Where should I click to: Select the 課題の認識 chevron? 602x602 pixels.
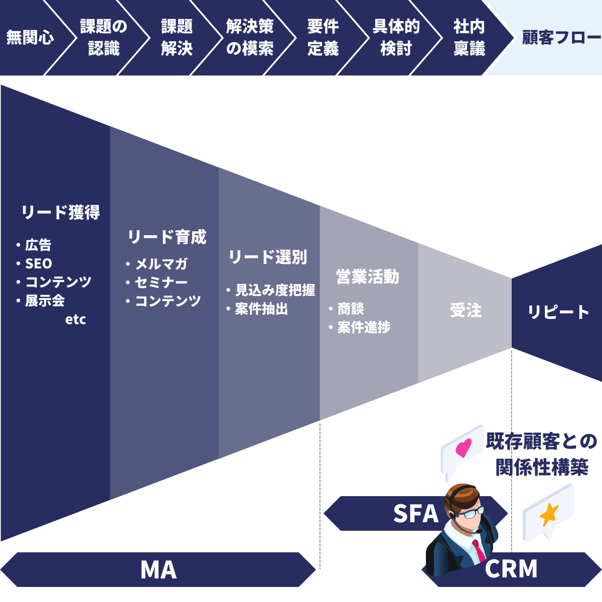[x=104, y=38]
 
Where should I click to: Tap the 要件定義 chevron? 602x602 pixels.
[x=323, y=38]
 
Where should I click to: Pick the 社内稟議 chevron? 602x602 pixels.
[x=469, y=38]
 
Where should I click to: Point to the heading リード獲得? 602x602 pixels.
[x=61, y=212]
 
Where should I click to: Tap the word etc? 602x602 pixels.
[x=76, y=320]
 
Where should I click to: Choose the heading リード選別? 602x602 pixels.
[x=268, y=257]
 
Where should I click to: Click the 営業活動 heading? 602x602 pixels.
[x=368, y=277]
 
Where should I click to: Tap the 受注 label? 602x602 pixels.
[x=466, y=311]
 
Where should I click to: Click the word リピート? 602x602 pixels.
[x=558, y=312]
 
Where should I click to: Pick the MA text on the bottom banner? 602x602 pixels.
[x=159, y=570]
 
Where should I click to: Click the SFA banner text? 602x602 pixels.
[x=415, y=514]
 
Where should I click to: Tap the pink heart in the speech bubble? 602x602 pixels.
[x=464, y=447]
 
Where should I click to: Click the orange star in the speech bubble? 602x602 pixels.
[x=549, y=515]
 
